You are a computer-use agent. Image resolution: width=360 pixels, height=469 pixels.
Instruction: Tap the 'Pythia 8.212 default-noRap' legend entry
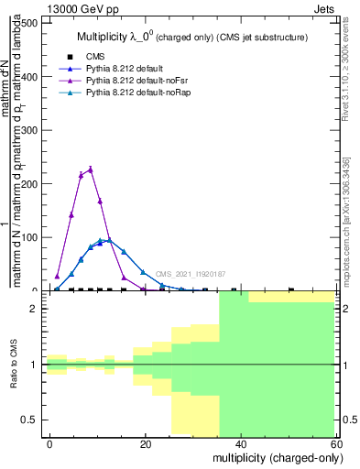127,93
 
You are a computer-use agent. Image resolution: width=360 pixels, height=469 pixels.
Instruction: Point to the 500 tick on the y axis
28,23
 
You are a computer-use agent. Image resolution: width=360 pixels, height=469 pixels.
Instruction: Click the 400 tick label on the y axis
28,77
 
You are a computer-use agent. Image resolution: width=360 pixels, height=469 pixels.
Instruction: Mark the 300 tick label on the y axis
28,130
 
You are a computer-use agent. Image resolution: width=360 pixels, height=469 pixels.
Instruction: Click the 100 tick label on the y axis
28,237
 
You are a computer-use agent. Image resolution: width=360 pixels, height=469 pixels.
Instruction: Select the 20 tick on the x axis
146,443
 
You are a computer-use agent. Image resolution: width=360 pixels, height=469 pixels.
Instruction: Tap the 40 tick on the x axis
241,443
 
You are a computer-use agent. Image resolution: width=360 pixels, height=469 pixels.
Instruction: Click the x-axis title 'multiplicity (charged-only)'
273,456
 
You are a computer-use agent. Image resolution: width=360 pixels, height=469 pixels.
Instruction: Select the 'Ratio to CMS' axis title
14,365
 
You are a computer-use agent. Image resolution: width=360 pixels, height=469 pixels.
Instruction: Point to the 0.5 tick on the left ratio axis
32,420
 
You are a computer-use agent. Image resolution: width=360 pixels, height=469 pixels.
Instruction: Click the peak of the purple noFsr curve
90,169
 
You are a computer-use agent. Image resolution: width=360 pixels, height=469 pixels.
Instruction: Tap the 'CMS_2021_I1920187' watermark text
190,274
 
